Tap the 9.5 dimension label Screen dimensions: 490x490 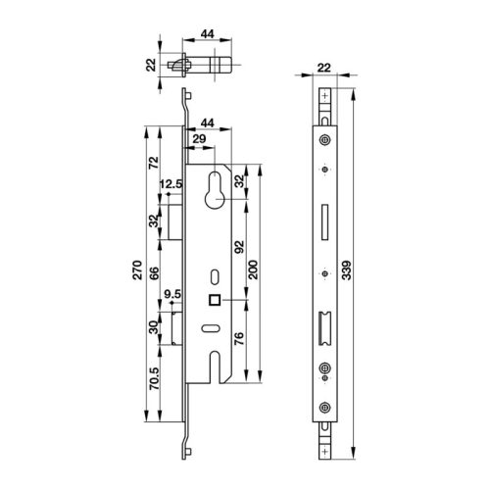[172, 292]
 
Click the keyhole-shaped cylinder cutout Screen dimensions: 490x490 [214, 193]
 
